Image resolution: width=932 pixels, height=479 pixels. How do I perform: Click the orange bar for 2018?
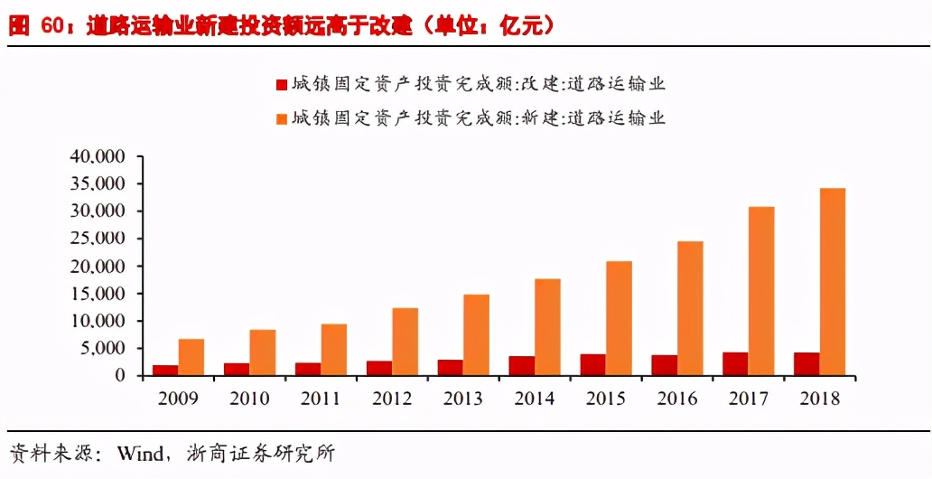(833, 282)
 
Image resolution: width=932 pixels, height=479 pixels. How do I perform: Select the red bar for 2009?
(165, 371)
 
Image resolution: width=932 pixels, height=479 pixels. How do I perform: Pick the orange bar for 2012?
(405, 342)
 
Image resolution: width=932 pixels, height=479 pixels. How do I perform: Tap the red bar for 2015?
(593, 365)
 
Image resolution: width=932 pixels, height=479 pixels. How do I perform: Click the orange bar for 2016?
(690, 308)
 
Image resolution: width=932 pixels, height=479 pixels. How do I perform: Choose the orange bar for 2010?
(263, 352)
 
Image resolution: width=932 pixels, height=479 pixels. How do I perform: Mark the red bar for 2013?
(451, 368)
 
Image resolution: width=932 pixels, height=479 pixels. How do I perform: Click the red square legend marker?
(281, 85)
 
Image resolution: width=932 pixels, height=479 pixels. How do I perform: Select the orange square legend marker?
(281, 117)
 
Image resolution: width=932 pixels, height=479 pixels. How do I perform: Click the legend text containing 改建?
(479, 85)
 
